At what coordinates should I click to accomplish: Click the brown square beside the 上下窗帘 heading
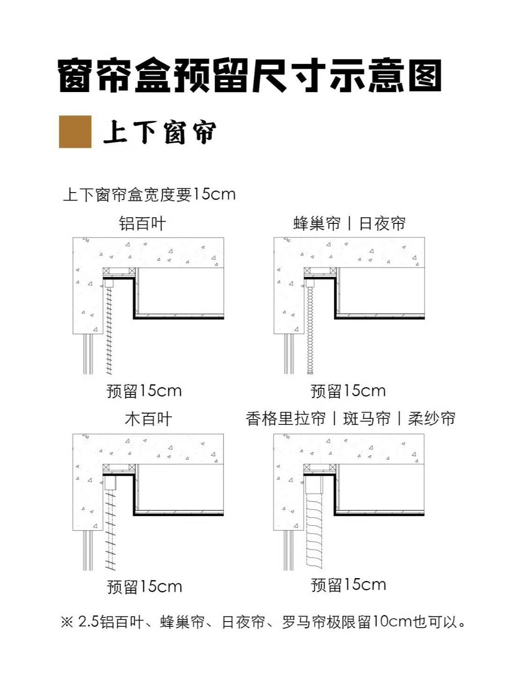pos(75,131)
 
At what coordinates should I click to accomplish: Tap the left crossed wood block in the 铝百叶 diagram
pos(106,271)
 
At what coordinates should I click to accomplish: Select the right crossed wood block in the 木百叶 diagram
pos(132,467)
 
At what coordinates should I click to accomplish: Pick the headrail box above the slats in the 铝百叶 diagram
pos(109,283)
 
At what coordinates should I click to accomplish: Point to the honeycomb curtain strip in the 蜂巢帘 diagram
pos(310,330)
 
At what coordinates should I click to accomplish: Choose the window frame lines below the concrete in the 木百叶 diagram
pos(88,551)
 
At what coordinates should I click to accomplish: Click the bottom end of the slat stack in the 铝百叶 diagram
pos(109,374)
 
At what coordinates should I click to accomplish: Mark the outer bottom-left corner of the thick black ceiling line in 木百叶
pos(133,515)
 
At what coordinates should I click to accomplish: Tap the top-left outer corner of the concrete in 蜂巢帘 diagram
pos(274,237)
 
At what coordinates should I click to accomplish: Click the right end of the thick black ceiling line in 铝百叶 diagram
pos(224,318)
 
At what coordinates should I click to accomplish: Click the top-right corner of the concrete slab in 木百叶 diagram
pos(224,434)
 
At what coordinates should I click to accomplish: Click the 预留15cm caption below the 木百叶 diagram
pos(144,587)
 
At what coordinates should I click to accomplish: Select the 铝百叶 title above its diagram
pos(142,223)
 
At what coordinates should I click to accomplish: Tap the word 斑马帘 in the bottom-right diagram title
pos(367,418)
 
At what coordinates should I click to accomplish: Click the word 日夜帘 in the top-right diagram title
pos(382,223)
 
